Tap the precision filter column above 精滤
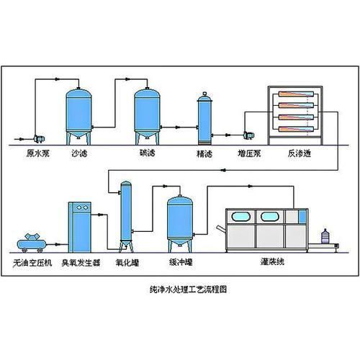[204, 119]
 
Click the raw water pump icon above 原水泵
[39, 138]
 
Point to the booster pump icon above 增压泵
[249, 135]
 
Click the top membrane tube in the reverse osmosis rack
[296, 94]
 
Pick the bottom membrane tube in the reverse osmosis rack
[296, 129]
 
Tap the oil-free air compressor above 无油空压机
[32, 243]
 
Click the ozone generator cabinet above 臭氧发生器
[80, 228]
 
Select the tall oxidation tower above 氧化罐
[126, 217]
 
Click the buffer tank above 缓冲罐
[180, 224]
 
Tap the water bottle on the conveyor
[325, 236]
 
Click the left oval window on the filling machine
[240, 217]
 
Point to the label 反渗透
[300, 153]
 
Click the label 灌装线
[272, 261]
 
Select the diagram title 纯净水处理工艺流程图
[188, 289]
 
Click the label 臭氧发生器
[81, 263]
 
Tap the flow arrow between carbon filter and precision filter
[178, 127]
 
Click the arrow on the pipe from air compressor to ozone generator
[57, 245]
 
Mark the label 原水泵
[38, 153]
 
